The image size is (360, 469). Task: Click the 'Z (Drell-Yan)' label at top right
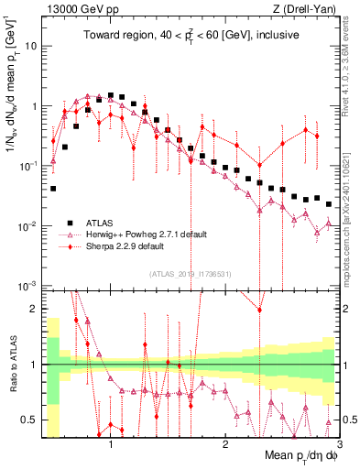(299, 9)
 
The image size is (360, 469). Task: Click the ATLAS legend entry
(102, 222)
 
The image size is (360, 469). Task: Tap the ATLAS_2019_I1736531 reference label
(190, 274)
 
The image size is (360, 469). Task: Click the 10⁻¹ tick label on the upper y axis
(28, 165)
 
